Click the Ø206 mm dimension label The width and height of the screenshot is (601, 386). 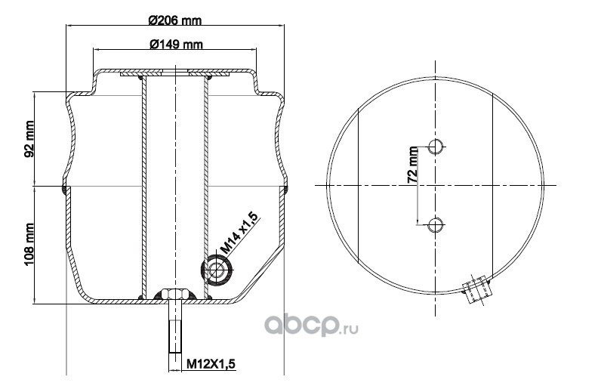[174, 20]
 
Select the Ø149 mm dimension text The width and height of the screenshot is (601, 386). [176, 45]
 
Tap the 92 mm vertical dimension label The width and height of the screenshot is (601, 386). [29, 139]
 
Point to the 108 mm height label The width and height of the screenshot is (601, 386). [29, 244]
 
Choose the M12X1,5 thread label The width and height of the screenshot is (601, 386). [211, 363]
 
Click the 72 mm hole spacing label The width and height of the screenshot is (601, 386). [412, 165]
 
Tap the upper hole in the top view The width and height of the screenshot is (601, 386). [436, 146]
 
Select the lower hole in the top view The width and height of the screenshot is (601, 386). [436, 225]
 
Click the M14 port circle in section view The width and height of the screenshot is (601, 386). [217, 270]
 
